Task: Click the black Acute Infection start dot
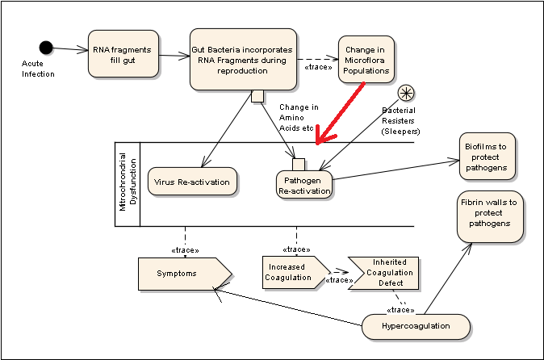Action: tap(46, 48)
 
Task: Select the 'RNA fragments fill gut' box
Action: tap(123, 54)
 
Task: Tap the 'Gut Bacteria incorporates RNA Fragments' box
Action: tap(242, 60)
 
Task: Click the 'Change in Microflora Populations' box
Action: tap(367, 57)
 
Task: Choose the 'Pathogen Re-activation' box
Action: tap(303, 184)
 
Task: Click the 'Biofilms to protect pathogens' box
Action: tap(487, 157)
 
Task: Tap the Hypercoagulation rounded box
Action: tap(416, 326)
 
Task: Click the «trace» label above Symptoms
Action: tap(186, 249)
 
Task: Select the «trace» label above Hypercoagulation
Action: tap(400, 309)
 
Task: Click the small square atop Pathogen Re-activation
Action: tap(298, 165)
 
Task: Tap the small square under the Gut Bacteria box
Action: tap(258, 97)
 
